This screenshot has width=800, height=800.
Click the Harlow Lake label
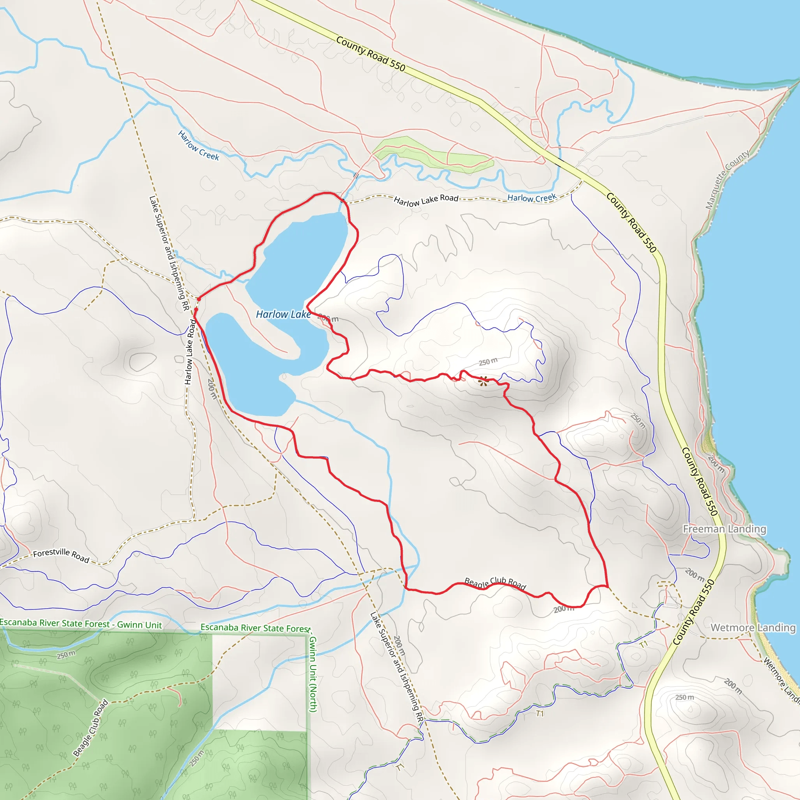[283, 315]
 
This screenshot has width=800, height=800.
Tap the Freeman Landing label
[724, 529]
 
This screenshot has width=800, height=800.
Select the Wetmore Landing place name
[753, 628]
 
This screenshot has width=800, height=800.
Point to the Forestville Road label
[61, 556]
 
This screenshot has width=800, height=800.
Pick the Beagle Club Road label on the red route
[495, 584]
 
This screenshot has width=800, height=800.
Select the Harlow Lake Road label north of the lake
[426, 200]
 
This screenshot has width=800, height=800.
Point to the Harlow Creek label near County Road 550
[532, 198]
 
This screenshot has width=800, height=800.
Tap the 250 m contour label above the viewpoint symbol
[488, 362]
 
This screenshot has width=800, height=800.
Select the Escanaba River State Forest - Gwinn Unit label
[81, 624]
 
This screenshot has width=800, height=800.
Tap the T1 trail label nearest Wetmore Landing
[643, 644]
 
